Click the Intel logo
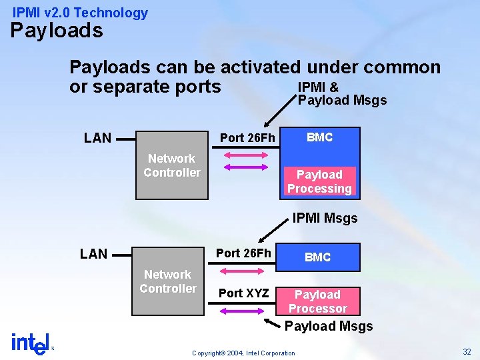pyautogui.click(x=31, y=343)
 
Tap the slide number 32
pyautogui.click(x=466, y=351)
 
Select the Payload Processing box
pyautogui.click(x=319, y=181)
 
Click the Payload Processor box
pyautogui.click(x=317, y=301)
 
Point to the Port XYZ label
pyautogui.click(x=243, y=293)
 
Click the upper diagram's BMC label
pyautogui.click(x=319, y=137)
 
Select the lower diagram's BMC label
pyautogui.click(x=317, y=257)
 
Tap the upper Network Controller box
pyautogui.click(x=171, y=166)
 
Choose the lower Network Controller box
pyautogui.click(x=167, y=282)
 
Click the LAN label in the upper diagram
pyautogui.click(x=97, y=138)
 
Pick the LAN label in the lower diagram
pyautogui.click(x=93, y=253)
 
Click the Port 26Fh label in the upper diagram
pyautogui.click(x=247, y=138)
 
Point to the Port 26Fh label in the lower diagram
pyautogui.click(x=243, y=253)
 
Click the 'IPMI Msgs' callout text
pyautogui.click(x=325, y=218)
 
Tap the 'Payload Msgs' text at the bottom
pyautogui.click(x=329, y=326)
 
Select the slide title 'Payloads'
pyautogui.click(x=57, y=31)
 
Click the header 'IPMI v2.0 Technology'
pyautogui.click(x=80, y=13)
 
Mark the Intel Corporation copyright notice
pyautogui.click(x=243, y=353)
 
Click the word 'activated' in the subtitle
pyautogui.click(x=261, y=67)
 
